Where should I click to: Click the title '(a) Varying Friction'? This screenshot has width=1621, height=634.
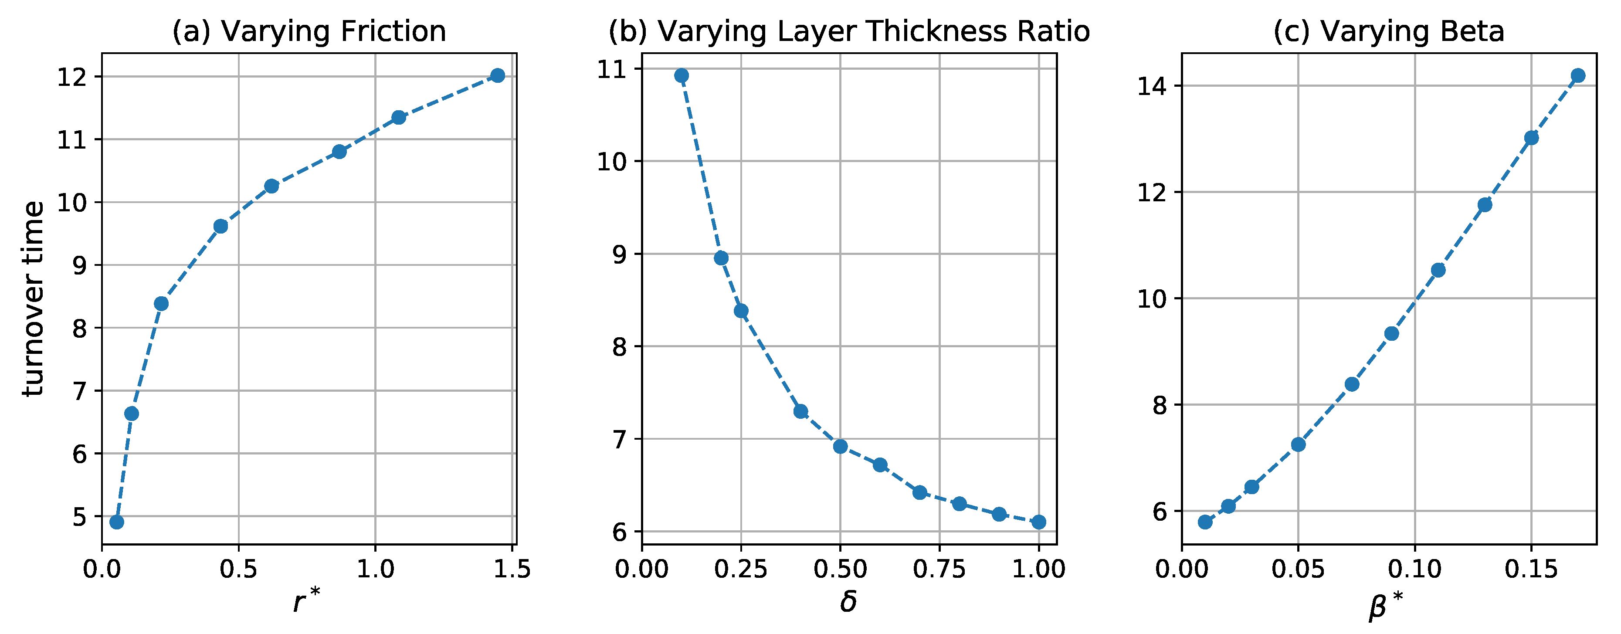309,31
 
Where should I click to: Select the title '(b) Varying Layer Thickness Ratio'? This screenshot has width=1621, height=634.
849,31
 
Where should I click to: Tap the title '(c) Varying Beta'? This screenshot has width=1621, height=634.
1389,31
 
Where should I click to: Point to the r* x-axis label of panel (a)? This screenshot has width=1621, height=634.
306,601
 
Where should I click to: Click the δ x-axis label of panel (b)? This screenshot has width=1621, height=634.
848,601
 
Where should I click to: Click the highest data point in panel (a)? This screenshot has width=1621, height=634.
497,75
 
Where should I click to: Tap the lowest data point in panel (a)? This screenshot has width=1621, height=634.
116,522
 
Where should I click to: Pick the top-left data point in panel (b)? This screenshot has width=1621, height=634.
682,75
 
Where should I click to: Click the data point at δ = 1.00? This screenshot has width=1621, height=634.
1039,522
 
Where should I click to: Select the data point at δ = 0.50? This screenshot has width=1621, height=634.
840,447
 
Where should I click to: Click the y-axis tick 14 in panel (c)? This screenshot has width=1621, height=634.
1152,86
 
